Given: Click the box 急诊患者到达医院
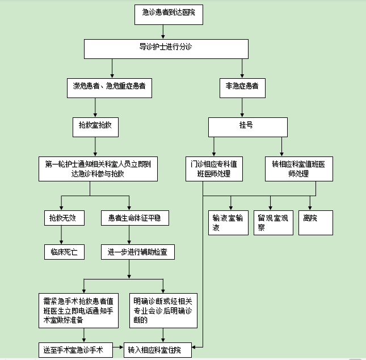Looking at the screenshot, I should pyautogui.click(x=169, y=14).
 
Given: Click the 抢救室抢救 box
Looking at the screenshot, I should pyautogui.click(x=95, y=127).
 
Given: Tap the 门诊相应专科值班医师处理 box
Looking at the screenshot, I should pyautogui.click(x=214, y=168).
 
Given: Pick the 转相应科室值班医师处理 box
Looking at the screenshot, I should pyautogui.click(x=299, y=168).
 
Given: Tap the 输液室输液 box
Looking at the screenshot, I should pyautogui.click(x=227, y=222).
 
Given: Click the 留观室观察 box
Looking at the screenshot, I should pyautogui.click(x=274, y=222).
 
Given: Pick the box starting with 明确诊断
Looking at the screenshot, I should pyautogui.click(x=163, y=311).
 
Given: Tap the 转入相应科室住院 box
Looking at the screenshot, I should pyautogui.click(x=157, y=349).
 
